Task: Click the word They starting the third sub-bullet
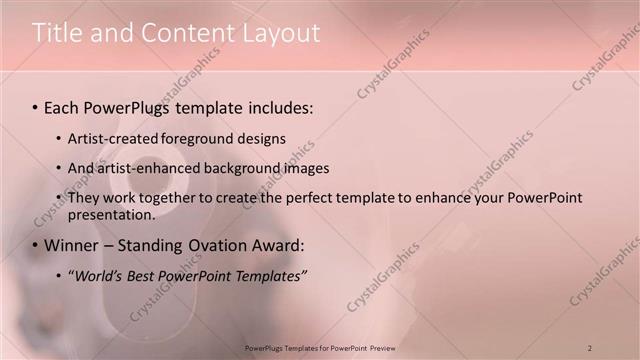(x=84, y=198)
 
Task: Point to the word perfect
(x=291, y=198)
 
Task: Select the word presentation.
(x=111, y=214)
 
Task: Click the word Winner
(x=73, y=245)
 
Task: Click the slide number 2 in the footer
(x=590, y=347)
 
